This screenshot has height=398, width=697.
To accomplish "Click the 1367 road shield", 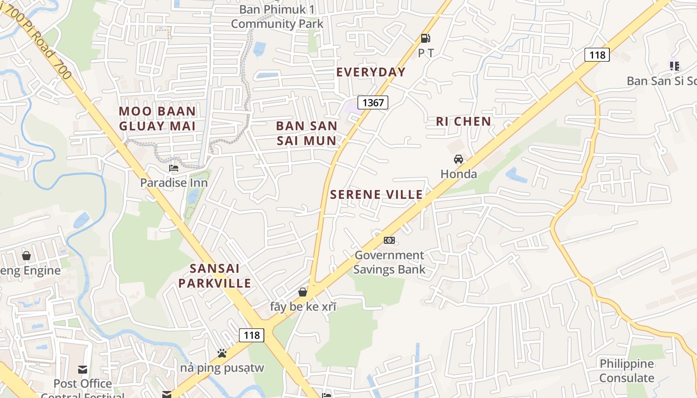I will pos(373,102).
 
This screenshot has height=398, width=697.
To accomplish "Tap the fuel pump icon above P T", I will pos(425,38).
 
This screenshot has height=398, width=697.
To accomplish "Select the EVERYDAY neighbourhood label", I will pos(371,72).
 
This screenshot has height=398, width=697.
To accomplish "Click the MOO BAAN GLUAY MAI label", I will pos(157,118).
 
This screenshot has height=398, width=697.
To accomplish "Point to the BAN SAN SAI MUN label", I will pos(307,133).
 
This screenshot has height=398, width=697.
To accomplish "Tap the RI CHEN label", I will pos(464,121).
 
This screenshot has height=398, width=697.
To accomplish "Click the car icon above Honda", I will pos(459,159).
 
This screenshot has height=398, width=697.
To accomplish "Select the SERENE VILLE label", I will pos(376,195).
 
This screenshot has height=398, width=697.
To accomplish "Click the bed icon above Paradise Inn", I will pos(173,168).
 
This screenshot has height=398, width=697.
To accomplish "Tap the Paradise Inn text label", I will pos(174,183).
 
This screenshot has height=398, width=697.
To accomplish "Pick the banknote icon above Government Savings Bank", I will pos(389,240).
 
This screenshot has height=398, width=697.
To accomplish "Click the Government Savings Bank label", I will pos(389,263).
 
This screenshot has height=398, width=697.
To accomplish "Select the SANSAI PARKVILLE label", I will pos(215,276).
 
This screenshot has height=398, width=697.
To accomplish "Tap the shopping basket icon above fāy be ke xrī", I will pos(303,292).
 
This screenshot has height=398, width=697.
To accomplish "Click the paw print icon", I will pos(222,353).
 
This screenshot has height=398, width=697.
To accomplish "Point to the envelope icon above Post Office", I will pos(83,370).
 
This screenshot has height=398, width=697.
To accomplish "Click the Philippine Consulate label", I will pos(627,371).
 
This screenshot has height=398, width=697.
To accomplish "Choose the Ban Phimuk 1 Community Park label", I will pos(277,16).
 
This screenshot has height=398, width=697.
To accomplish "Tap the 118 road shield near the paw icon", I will pos(251,335).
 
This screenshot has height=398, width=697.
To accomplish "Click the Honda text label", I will pos(459,174).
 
